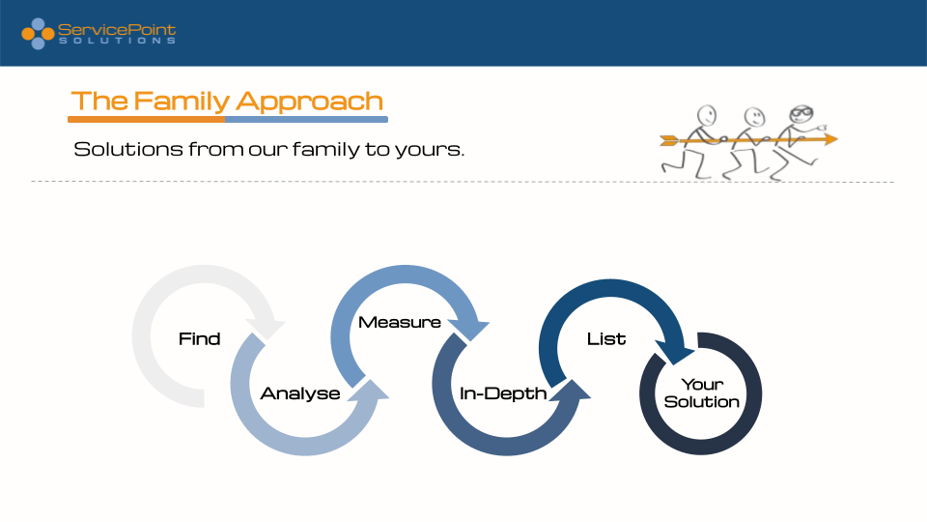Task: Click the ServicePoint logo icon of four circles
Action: (38, 34)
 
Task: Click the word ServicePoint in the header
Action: (117, 30)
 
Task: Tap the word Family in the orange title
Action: (182, 101)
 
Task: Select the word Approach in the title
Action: (309, 101)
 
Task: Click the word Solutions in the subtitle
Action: (128, 149)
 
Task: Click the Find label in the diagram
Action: (199, 338)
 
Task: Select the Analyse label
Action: (300, 393)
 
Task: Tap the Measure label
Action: (400, 322)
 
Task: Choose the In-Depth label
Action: (503, 393)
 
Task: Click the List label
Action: (606, 338)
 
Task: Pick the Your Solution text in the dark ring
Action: (702, 393)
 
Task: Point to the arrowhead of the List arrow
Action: (675, 353)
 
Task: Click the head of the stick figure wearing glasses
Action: (801, 114)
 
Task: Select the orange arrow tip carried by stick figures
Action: (831, 139)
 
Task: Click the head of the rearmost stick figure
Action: (707, 115)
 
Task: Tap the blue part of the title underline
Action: (306, 120)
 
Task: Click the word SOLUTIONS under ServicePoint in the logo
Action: (117, 41)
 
